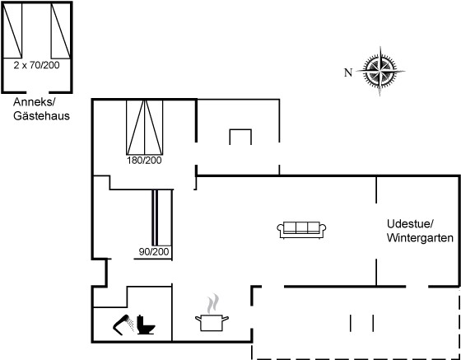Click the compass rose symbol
pyautogui.click(x=380, y=71)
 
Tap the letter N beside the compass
pyautogui.click(x=348, y=72)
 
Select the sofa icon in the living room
pyautogui.click(x=301, y=230)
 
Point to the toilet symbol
pyautogui.click(x=146, y=325)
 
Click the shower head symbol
pyautogui.click(x=123, y=325)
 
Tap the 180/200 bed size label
pyautogui.click(x=144, y=161)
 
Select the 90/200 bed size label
pyautogui.click(x=154, y=252)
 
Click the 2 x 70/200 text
pyautogui.click(x=36, y=65)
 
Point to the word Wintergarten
pyautogui.click(x=420, y=237)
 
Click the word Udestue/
pyautogui.click(x=410, y=224)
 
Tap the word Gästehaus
pyautogui.click(x=41, y=115)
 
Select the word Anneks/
pyautogui.click(x=35, y=102)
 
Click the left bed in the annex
pyautogui.click(x=12, y=30)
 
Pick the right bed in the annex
pyautogui.click(x=61, y=30)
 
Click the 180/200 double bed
pyautogui.click(x=144, y=127)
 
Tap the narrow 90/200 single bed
pyautogui.click(x=161, y=217)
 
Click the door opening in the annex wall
pyautogui.click(x=37, y=92)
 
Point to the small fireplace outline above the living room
pyautogui.click(x=240, y=130)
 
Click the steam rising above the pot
pyautogui.click(x=213, y=303)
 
